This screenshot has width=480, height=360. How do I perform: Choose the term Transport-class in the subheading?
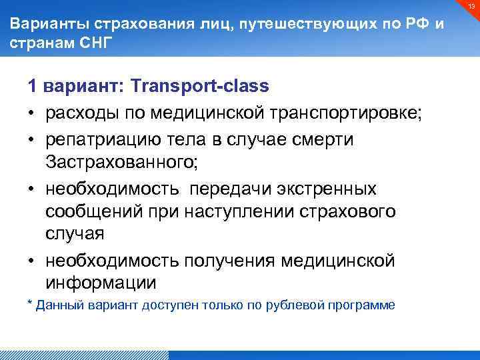tap(200, 86)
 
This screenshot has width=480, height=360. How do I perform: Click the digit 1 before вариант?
tap(32, 86)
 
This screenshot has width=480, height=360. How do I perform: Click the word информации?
tap(101, 283)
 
